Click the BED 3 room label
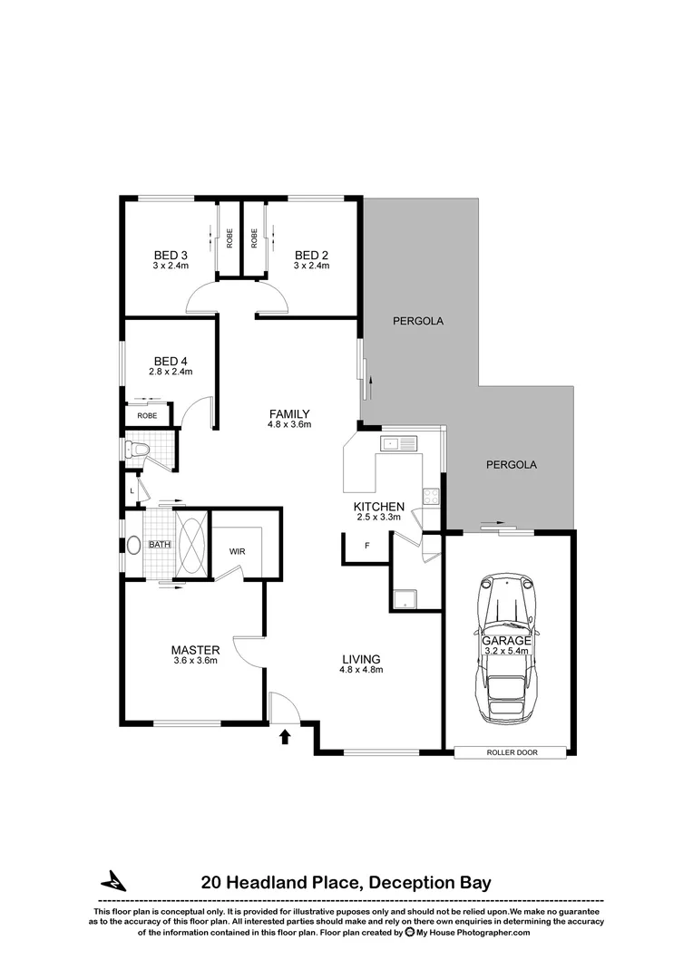[x=171, y=255]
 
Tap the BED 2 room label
[x=310, y=255]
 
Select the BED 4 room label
[x=171, y=360]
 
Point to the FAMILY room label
[x=289, y=414]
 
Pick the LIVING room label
[x=361, y=659]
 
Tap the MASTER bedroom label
[x=196, y=650]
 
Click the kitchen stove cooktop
[x=430, y=496]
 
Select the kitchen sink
[x=399, y=443]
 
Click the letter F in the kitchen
[x=366, y=546]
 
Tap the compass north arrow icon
[x=113, y=880]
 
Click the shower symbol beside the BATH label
[x=191, y=544]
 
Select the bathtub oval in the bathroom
[x=134, y=546]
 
